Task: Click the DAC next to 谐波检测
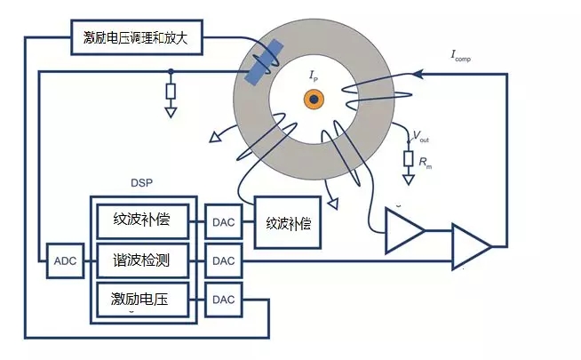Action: click(x=223, y=260)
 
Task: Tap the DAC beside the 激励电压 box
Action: click(x=223, y=300)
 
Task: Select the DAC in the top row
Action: click(x=223, y=219)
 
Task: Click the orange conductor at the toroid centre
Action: click(x=313, y=100)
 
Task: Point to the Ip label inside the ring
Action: click(x=314, y=78)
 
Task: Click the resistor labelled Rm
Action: click(x=409, y=159)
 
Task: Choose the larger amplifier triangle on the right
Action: click(x=470, y=244)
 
